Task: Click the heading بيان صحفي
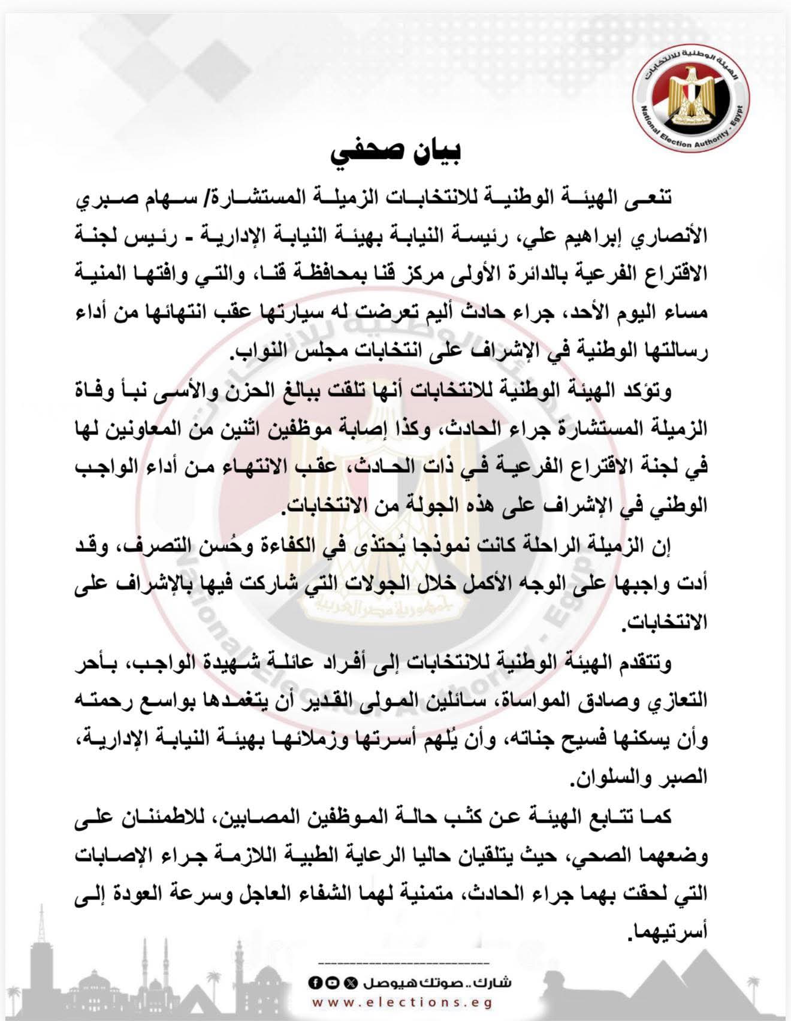coord(395,153)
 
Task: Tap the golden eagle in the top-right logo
coord(691,90)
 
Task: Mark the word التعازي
coord(680,700)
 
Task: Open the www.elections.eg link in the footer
coord(402,1002)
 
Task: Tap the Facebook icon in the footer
coord(313,983)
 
